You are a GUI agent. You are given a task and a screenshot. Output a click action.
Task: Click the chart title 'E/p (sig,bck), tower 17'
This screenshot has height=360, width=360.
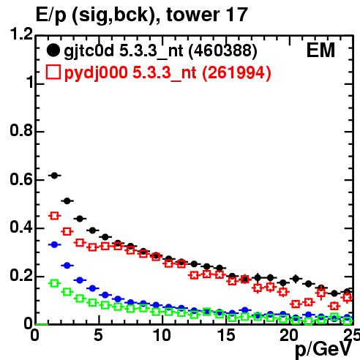(x=142, y=15)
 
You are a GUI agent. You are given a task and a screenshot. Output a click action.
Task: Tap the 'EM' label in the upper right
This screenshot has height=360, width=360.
(x=320, y=50)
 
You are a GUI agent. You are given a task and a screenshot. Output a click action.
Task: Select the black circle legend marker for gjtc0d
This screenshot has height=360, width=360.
(x=53, y=50)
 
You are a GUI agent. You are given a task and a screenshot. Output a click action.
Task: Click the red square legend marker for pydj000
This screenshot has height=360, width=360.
(x=53, y=72)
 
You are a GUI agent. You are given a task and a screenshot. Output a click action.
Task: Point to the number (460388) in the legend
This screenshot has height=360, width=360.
(x=223, y=50)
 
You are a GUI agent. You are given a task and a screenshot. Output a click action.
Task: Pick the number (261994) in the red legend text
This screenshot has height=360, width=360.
(x=236, y=72)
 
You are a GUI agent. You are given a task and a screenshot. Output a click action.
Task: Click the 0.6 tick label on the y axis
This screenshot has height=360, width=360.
(x=21, y=180)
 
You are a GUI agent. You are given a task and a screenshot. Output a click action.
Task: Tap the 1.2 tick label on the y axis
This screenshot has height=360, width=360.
(x=21, y=34)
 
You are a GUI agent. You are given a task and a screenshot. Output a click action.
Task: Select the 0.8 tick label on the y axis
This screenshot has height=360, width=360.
(x=21, y=130)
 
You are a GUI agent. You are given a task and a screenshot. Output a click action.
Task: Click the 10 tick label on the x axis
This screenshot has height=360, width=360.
(x=162, y=335)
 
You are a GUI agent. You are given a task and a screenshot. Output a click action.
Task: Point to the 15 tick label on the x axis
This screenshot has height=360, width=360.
(x=226, y=335)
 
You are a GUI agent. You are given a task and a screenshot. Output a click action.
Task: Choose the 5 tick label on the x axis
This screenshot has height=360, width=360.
(x=98, y=335)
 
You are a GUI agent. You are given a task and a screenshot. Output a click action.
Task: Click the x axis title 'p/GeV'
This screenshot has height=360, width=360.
(x=323, y=349)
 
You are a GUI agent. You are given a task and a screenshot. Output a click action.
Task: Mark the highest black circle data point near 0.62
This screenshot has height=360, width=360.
(x=54, y=176)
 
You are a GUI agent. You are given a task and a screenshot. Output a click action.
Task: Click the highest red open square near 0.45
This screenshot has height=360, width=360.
(x=54, y=216)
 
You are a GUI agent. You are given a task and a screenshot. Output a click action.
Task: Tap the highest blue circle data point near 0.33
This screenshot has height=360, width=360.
(x=54, y=244)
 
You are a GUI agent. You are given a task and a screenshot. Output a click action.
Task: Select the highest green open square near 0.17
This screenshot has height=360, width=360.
(x=54, y=283)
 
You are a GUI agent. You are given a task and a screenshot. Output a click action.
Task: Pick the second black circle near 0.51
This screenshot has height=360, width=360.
(x=67, y=201)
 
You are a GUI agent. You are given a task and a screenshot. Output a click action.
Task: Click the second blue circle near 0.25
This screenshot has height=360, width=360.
(x=67, y=266)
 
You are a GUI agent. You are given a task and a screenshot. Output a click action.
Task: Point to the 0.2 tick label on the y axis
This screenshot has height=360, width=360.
(x=21, y=276)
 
